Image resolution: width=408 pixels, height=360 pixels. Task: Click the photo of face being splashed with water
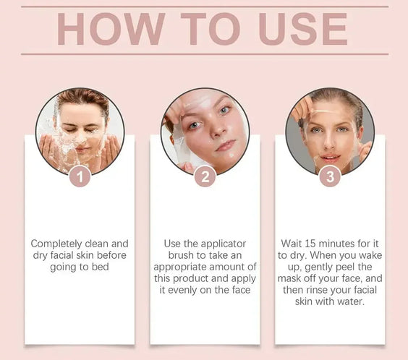click(x=80, y=130)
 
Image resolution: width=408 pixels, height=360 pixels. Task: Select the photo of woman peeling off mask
click(x=330, y=130)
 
